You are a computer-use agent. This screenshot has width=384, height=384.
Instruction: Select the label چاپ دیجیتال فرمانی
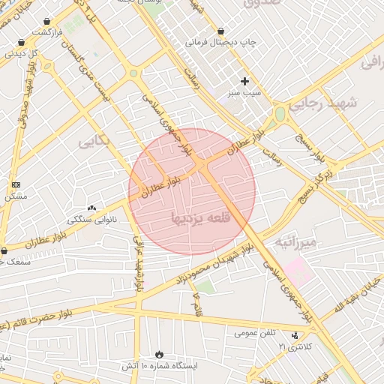point(221,43)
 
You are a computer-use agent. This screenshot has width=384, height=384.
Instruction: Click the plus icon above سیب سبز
point(244,81)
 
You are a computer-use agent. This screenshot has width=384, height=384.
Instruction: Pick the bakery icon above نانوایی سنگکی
point(91,208)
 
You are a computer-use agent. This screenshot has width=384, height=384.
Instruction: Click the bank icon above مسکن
point(16,184)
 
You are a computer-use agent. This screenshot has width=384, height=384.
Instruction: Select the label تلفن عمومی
point(255,332)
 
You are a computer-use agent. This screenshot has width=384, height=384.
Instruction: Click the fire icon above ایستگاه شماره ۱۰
point(159,354)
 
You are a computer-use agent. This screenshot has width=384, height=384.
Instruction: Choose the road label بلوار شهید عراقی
point(139,262)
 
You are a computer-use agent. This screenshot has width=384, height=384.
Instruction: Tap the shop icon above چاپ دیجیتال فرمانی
point(220,31)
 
